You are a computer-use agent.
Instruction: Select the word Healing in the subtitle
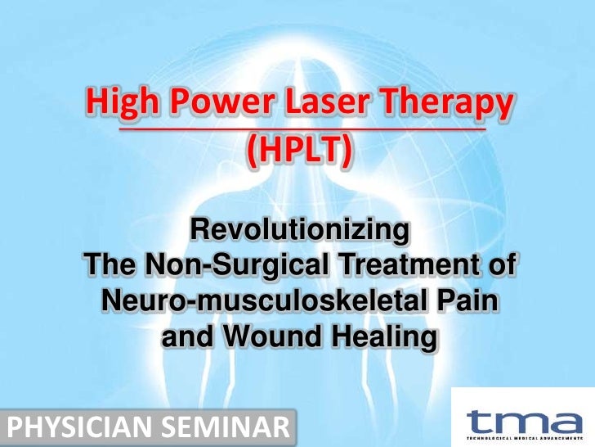click(x=381, y=336)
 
